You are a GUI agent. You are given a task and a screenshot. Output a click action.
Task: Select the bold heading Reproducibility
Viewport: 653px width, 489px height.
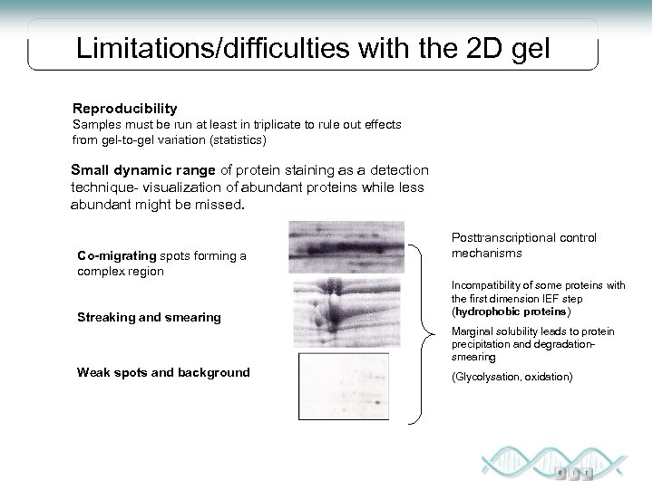coord(126,108)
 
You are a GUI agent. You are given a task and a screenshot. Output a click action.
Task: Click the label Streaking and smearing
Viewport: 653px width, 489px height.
coord(149,317)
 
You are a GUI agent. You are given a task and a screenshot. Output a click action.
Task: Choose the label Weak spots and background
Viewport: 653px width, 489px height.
coord(163,372)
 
